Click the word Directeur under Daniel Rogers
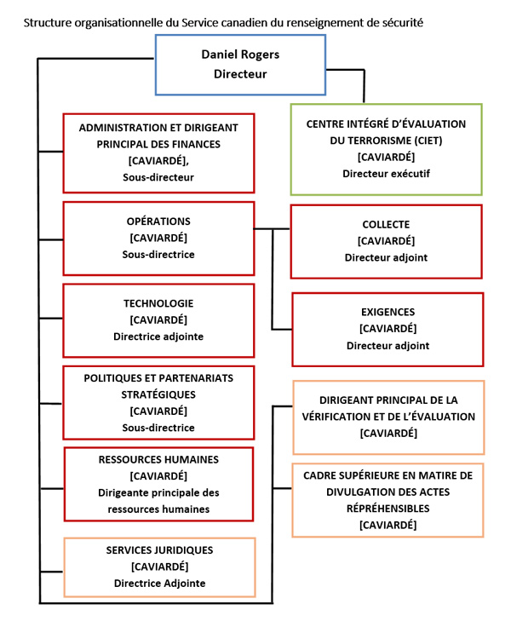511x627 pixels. click(240, 74)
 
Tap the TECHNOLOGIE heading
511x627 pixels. click(158, 303)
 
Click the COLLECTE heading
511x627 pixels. click(386, 224)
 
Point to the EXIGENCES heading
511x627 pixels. click(388, 313)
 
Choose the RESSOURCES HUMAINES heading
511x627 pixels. click(158, 460)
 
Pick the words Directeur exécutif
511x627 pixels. click(386, 174)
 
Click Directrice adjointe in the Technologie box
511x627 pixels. click(158, 336)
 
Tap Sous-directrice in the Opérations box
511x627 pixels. click(158, 254)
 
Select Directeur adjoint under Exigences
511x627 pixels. click(388, 346)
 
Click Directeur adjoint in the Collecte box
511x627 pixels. click(386, 257)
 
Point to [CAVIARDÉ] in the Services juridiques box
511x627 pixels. click(158, 567)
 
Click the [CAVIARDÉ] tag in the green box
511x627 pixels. click(386, 158)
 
